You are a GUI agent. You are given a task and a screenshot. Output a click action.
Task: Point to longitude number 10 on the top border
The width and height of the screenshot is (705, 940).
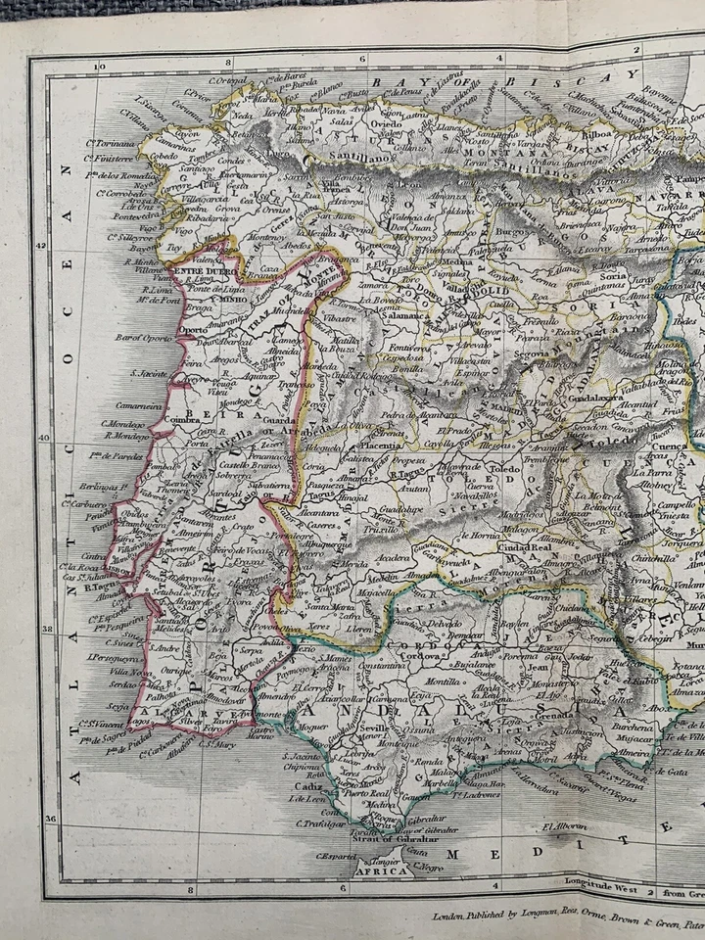pos(98,67)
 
